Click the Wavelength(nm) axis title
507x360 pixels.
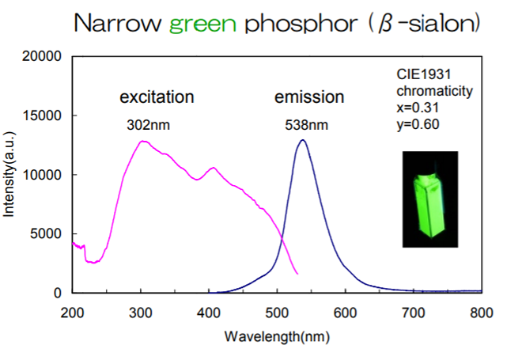click(277, 336)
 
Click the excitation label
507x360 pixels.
click(157, 98)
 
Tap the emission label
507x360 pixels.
click(309, 98)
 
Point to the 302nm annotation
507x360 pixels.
click(148, 125)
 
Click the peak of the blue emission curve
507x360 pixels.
click(302, 141)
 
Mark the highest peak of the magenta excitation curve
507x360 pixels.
click(142, 142)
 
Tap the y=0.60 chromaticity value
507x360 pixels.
click(413, 123)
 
